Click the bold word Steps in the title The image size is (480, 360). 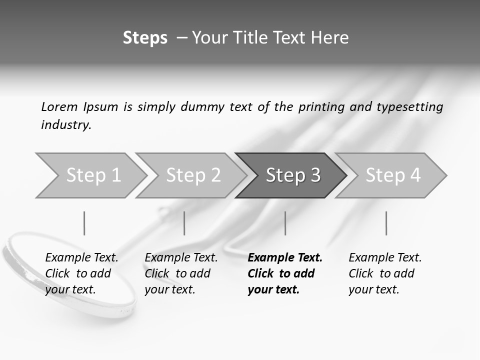point(145,38)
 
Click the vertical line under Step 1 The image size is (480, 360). point(84,223)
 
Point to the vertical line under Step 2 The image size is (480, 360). point(184,223)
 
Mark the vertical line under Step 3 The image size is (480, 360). point(285,223)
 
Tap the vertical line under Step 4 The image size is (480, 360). point(386,223)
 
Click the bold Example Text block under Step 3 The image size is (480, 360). point(285,273)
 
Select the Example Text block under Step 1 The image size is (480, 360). point(81,273)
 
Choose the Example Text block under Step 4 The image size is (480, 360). point(385,273)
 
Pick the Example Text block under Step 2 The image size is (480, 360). point(181,273)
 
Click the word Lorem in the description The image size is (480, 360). point(59,106)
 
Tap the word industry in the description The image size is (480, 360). point(66,125)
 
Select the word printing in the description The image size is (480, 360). point(320,107)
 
